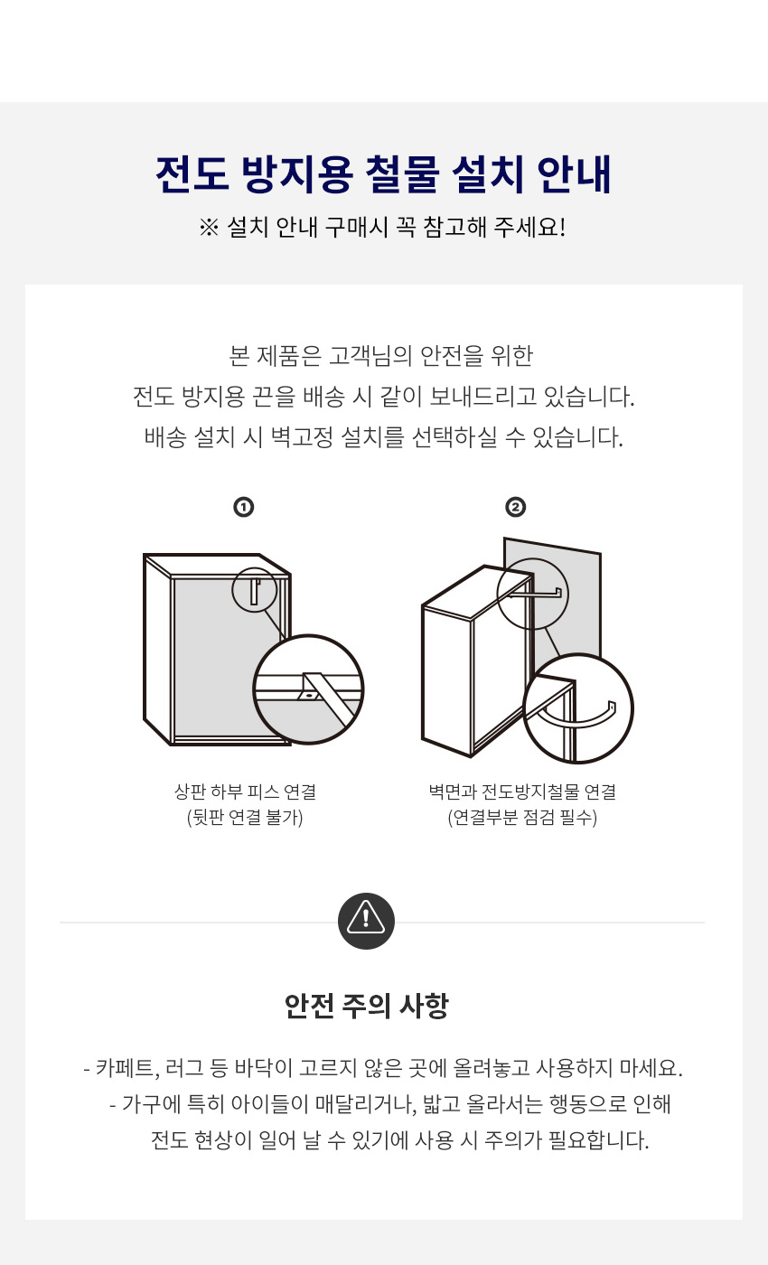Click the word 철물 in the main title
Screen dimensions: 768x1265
tap(402, 173)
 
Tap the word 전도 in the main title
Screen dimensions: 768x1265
tap(192, 173)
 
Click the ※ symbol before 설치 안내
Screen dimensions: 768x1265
tap(209, 228)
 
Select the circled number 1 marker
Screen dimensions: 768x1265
tap(243, 507)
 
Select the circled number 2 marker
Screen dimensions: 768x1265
tap(515, 507)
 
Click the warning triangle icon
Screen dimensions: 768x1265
tap(366, 921)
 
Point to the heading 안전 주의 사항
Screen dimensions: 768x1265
tap(367, 1006)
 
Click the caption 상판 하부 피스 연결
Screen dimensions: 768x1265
tap(245, 792)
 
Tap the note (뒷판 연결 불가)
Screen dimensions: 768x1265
tap(245, 817)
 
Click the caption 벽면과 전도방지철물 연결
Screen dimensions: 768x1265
tap(522, 792)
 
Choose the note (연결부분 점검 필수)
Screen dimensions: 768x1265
tap(522, 817)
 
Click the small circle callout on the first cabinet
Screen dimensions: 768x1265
tap(254, 568)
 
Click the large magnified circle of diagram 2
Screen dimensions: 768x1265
tap(577, 654)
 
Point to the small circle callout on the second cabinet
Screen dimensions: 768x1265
tap(532, 558)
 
